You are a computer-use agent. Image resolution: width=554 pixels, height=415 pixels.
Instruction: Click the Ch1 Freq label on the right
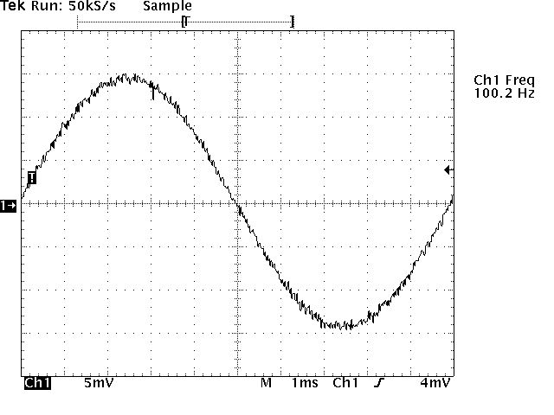[x=504, y=80]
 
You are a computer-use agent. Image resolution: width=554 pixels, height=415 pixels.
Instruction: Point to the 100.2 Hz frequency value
[x=504, y=93]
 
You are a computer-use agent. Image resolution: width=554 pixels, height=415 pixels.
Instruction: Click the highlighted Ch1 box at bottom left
[x=37, y=381]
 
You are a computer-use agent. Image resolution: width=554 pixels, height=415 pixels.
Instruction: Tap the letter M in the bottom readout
[x=266, y=381]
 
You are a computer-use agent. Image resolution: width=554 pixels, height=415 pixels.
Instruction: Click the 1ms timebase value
[x=305, y=381]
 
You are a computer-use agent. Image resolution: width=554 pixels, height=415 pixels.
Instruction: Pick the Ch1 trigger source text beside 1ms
[x=345, y=381]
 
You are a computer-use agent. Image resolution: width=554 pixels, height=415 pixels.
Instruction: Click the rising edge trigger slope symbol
[x=378, y=381]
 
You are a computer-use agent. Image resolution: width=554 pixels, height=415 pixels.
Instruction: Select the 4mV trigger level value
[x=435, y=381]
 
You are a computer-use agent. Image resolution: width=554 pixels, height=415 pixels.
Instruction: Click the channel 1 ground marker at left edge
[x=9, y=205]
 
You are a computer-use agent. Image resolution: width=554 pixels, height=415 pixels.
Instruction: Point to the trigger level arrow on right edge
[x=448, y=170]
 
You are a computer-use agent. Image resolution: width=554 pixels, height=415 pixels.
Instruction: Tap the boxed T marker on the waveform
[x=32, y=177]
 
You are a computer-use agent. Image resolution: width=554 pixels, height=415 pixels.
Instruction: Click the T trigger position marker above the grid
[x=185, y=21]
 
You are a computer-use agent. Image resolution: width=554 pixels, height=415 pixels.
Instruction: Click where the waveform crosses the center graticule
[x=236, y=204]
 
